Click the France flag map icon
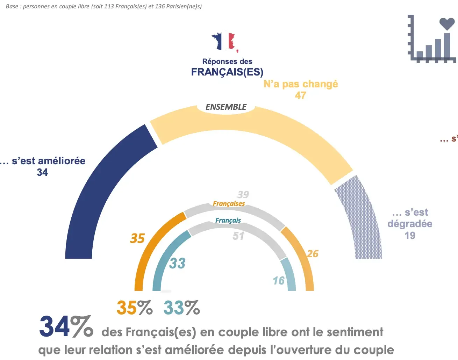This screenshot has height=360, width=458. click(x=224, y=42)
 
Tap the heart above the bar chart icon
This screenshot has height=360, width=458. click(x=447, y=24)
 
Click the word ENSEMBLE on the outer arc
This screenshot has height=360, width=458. click(x=226, y=107)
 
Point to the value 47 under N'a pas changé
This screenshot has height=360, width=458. click(x=300, y=95)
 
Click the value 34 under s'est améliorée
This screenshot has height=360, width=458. click(x=42, y=172)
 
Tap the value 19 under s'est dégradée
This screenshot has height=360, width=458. click(x=410, y=236)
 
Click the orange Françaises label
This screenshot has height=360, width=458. click(x=229, y=203)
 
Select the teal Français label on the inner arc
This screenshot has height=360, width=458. click(x=228, y=220)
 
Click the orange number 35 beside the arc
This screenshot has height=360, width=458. click(x=137, y=238)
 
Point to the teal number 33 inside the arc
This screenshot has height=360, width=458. click(x=177, y=263)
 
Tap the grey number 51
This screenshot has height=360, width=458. click(x=238, y=236)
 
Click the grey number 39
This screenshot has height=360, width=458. click(x=243, y=194)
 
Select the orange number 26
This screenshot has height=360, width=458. click(x=313, y=254)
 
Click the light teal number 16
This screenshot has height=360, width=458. click(x=279, y=280)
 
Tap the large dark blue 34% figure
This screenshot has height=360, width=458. click(x=66, y=327)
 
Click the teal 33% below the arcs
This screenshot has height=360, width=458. click(x=181, y=308)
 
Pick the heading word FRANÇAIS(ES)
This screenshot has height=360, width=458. click(x=227, y=72)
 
